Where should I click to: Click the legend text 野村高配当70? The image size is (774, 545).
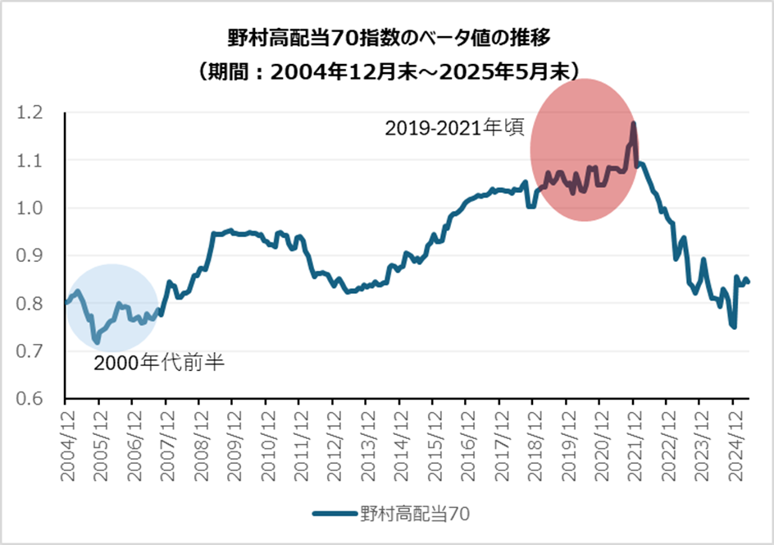pos(414,515)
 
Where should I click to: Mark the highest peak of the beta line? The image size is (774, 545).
pos(634,124)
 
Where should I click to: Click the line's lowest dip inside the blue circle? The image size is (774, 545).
pos(97,341)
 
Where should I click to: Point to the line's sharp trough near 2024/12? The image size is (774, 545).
pos(734,327)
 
